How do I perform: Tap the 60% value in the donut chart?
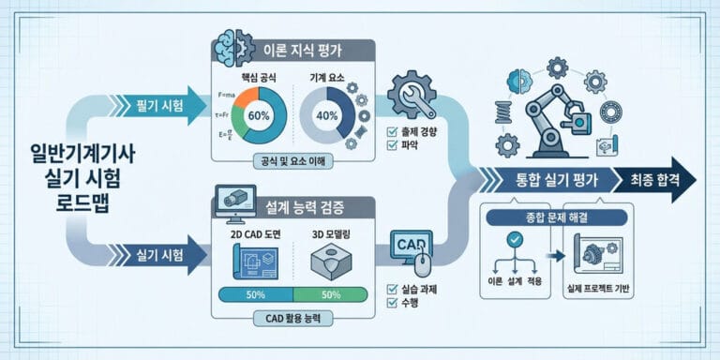tap(260, 115)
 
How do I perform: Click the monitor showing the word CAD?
tap(410, 246)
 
